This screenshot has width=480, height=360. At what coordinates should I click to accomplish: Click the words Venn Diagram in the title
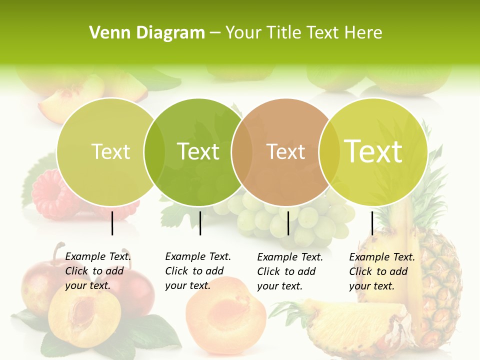[x=147, y=33]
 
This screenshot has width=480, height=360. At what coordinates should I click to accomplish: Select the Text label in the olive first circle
[x=111, y=151]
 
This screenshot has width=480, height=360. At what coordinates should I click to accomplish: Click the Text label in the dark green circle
[x=198, y=151]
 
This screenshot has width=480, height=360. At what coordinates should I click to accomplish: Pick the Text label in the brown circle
[x=286, y=151]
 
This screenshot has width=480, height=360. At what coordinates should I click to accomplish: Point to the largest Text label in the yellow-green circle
[x=373, y=151]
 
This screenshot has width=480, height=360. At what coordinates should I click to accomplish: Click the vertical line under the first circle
[x=112, y=223]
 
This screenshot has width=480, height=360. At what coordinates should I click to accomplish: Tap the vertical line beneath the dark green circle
[x=200, y=223]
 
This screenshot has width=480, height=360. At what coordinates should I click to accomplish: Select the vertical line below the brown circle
[x=288, y=223]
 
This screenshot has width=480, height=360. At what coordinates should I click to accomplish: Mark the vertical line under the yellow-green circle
[x=372, y=223]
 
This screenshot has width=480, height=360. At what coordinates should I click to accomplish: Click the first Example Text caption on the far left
[x=98, y=271]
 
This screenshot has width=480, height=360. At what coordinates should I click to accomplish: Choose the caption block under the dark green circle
[x=198, y=271]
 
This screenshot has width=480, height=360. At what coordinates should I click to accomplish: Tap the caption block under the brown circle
[x=290, y=271]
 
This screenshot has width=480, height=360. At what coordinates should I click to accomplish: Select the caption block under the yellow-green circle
[x=382, y=271]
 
